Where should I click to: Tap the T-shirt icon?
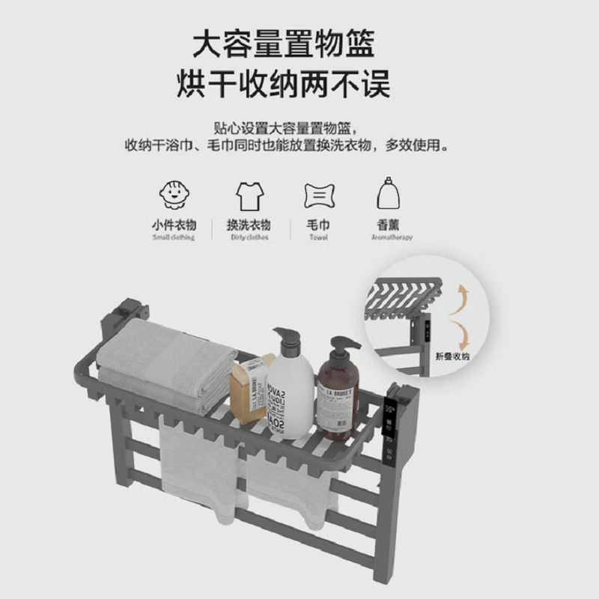(248, 195)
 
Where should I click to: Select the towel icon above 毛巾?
(319, 195)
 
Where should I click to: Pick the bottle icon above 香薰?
(386, 195)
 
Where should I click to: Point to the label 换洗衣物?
(249, 225)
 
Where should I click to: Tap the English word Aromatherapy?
(392, 237)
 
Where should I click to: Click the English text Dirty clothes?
(249, 237)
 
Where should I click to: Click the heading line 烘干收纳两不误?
(283, 85)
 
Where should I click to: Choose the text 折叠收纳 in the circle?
(455, 357)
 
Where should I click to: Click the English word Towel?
(319, 237)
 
